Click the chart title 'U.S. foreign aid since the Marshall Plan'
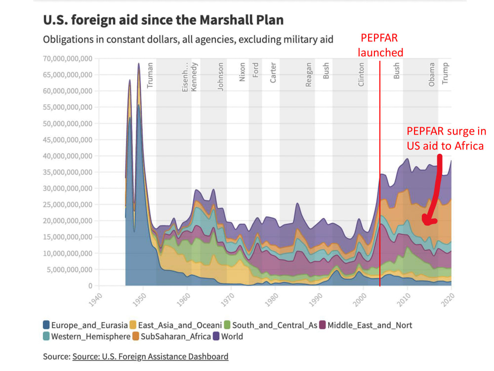(164, 20)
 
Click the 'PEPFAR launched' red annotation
(381, 45)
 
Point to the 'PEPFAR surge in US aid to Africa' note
(446, 139)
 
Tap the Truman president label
(150, 74)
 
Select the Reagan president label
(309, 75)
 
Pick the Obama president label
(432, 74)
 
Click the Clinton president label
(361, 75)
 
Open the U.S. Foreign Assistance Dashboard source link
(150, 356)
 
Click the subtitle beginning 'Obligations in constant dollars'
(188, 40)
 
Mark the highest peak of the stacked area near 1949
(139, 63)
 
